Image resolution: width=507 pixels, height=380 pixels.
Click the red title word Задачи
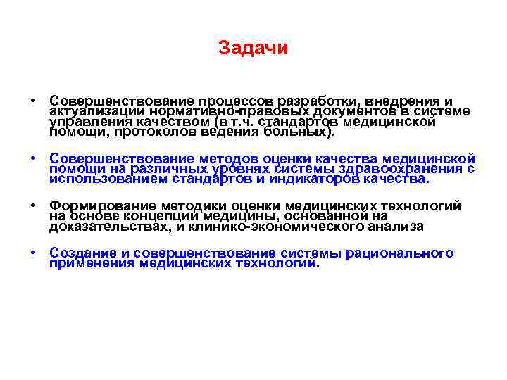253,48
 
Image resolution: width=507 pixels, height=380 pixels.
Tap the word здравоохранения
408,168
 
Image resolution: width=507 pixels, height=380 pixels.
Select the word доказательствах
104,226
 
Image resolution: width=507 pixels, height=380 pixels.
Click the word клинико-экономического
279,226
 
